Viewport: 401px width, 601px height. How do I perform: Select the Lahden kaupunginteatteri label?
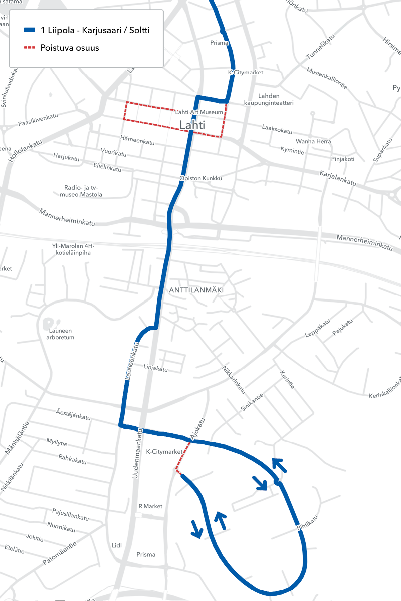tap(268, 99)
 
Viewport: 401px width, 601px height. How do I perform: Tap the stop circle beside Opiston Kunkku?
tap(183, 178)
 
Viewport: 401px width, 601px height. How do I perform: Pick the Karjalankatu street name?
tap(337, 178)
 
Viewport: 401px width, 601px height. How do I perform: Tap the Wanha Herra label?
tap(313, 141)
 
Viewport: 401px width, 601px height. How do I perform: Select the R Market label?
tap(150, 506)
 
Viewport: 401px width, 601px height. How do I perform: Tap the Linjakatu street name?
tap(155, 369)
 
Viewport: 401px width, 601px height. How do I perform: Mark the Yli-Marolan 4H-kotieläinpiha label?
tap(73, 249)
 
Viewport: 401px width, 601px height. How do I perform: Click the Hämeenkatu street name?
tap(137, 140)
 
